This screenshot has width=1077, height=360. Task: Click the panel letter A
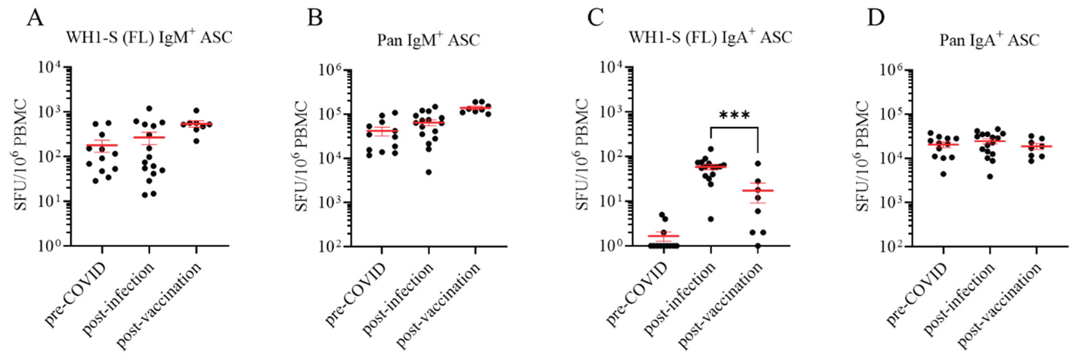(35, 18)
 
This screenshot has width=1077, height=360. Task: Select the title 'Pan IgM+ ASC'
(428, 40)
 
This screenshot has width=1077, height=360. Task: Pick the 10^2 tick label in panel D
(893, 246)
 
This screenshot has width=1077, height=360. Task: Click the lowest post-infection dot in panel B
(429, 172)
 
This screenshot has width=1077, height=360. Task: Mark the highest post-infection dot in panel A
(149, 108)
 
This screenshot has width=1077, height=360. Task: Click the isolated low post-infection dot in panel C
(710, 219)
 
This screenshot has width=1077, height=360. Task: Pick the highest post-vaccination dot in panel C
(758, 164)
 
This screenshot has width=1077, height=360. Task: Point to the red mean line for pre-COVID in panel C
(664, 236)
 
